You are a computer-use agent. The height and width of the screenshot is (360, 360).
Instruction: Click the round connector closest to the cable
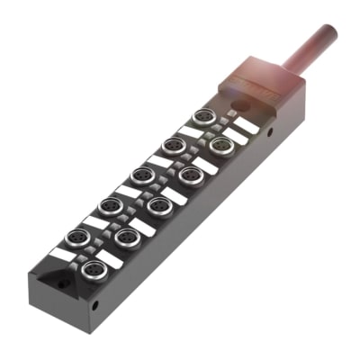pos(204,117)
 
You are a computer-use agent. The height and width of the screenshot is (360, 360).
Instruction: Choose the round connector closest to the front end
pos(91,269)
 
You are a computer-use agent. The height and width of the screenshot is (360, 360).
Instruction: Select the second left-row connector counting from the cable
pos(173,145)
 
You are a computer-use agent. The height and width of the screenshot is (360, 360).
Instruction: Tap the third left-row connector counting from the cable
pos(141,175)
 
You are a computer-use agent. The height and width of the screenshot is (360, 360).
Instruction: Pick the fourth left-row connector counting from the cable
pos(110,206)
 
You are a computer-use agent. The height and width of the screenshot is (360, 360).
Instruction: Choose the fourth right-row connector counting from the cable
pos(126,236)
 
